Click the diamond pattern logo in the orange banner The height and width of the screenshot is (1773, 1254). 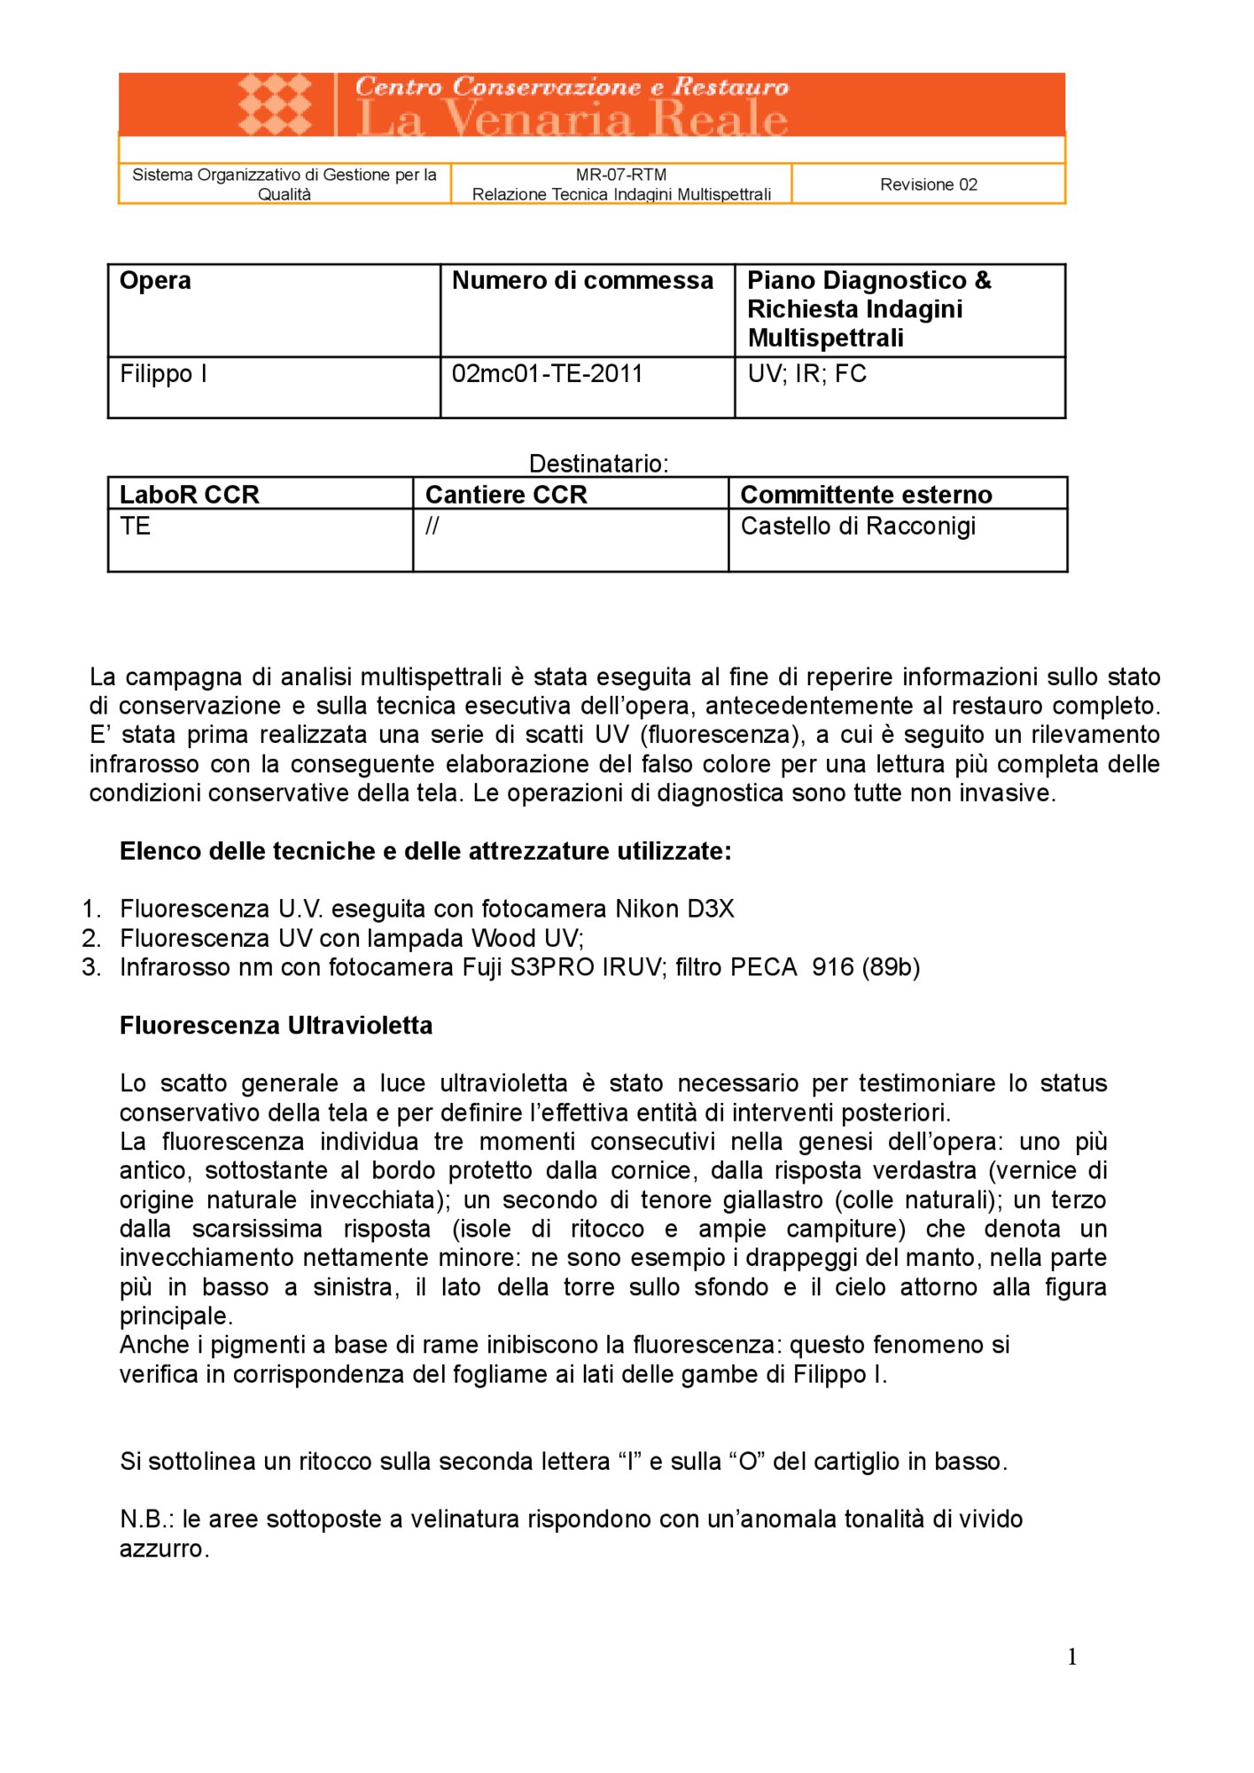click(x=275, y=104)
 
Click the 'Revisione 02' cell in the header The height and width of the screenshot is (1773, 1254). click(x=928, y=184)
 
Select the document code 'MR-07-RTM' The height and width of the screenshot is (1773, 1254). click(x=620, y=175)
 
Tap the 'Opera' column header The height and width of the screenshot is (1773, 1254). click(x=155, y=281)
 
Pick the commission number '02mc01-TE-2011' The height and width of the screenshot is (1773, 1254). click(x=547, y=374)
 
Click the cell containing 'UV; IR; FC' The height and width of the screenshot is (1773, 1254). click(x=806, y=374)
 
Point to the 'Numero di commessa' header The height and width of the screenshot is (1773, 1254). click(x=582, y=281)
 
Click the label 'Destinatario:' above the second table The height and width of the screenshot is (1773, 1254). click(x=598, y=464)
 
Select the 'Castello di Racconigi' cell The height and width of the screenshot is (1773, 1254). click(x=857, y=527)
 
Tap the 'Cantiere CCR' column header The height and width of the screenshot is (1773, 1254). click(x=506, y=495)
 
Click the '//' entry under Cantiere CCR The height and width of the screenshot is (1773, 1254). click(x=432, y=527)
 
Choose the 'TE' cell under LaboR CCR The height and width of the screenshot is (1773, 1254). click(x=135, y=527)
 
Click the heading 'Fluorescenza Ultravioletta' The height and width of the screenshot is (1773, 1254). click(x=276, y=1026)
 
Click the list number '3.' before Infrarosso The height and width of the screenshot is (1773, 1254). click(x=91, y=967)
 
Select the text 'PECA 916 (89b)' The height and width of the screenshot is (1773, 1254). click(x=824, y=967)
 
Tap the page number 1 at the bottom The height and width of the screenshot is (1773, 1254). click(x=1072, y=1657)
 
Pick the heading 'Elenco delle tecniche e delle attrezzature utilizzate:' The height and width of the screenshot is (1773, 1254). click(x=425, y=852)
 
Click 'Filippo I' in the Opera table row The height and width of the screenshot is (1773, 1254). click(x=163, y=374)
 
